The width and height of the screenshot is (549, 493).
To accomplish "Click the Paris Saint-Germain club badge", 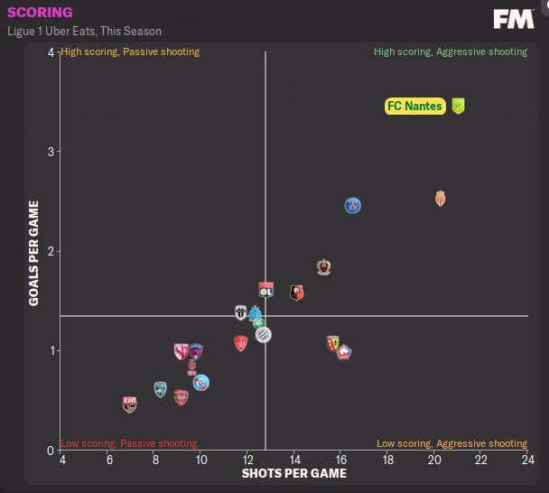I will [353, 206].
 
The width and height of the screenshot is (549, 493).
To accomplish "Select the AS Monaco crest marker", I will [441, 198].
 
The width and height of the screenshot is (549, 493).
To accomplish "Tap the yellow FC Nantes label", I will [414, 107].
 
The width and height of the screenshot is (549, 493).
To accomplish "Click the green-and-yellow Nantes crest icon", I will [459, 107].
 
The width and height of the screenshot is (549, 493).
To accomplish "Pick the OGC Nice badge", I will [324, 267].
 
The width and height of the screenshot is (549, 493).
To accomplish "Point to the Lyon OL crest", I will [266, 290].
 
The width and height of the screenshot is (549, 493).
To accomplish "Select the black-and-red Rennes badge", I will [296, 292].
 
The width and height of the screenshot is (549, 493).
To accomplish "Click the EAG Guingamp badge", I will [130, 405].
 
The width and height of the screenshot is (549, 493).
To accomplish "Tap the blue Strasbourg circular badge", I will [201, 383].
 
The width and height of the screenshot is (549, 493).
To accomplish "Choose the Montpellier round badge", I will [263, 335].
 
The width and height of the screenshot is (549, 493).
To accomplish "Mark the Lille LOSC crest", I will [343, 352].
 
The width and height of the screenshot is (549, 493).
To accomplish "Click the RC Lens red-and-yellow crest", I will [333, 343].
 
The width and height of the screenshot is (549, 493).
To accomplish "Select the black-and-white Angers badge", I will [241, 312].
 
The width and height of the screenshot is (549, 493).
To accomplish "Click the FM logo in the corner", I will [513, 19].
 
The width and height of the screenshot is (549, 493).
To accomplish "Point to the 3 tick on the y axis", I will [51, 152].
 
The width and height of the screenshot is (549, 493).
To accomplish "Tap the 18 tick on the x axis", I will [387, 460].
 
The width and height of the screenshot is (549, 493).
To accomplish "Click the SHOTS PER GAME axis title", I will [293, 473].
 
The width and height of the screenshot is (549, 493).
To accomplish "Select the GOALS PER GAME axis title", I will [33, 252].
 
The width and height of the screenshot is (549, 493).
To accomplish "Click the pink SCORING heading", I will [40, 13].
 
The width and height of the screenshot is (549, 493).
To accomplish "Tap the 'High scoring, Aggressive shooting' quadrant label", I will [451, 52].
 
